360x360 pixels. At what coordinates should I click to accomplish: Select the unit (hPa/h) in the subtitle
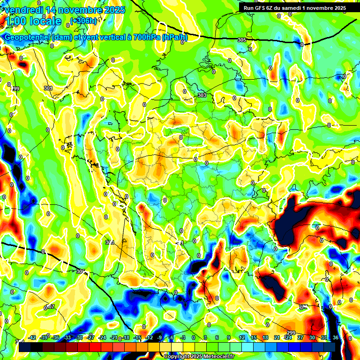174,37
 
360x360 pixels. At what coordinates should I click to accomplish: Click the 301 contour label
48,88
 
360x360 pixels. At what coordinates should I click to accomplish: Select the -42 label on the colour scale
32,338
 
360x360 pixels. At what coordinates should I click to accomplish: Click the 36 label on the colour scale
336,338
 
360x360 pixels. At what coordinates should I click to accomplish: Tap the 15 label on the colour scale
254,338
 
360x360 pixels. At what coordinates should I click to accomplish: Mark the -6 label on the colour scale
171,338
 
